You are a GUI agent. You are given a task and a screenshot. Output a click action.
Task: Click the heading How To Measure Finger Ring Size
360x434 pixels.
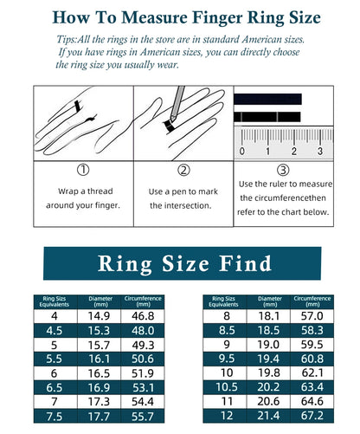pos(180,17)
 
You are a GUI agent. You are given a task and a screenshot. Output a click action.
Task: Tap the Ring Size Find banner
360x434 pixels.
pos(180,262)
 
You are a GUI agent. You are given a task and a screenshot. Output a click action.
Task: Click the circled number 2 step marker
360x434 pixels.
pos(183,171)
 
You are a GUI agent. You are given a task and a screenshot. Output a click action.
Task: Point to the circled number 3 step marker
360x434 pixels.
pos(282,171)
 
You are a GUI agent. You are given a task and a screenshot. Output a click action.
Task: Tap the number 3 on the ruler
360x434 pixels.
pos(319,152)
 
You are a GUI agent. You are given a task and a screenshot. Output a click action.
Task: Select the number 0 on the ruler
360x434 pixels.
pos(242,152)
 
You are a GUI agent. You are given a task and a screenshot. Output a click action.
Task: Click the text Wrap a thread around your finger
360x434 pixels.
pos(83,198)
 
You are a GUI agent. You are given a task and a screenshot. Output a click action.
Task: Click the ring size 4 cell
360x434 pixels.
pos(54,316)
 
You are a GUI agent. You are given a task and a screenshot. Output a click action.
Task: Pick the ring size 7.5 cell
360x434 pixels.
pos(54,416)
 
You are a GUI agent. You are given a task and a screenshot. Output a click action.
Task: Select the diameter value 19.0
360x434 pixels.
pos(268,343)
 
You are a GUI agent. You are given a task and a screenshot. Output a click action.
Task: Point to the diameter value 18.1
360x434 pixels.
pos(268,316)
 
